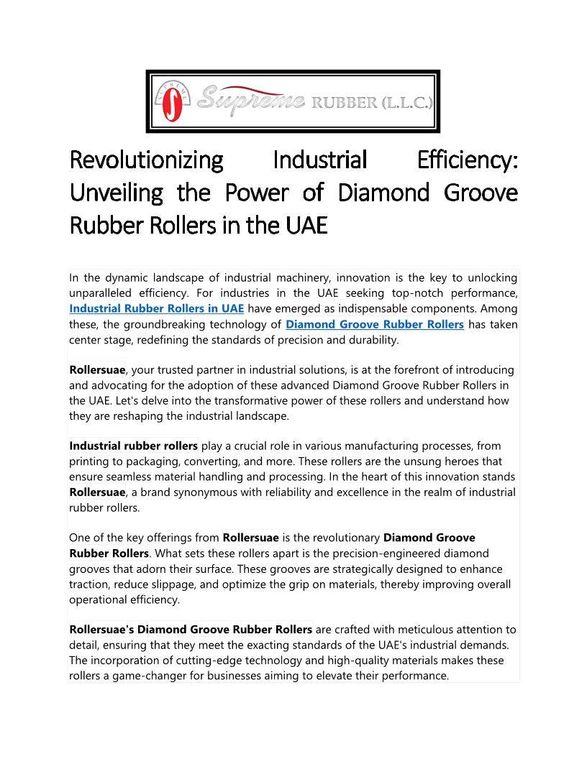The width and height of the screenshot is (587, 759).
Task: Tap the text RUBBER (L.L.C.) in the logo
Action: tap(371, 103)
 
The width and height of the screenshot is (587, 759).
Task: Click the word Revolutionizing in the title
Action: tap(146, 160)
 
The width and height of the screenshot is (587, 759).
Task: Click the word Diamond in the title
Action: tap(380, 193)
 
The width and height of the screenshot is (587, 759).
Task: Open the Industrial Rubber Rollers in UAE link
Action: tap(156, 308)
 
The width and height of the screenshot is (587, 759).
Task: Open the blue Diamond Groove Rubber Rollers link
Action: tap(375, 324)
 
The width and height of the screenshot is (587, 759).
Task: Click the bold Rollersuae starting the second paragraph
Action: tap(97, 370)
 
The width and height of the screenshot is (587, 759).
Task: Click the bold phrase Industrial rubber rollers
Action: tap(134, 446)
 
